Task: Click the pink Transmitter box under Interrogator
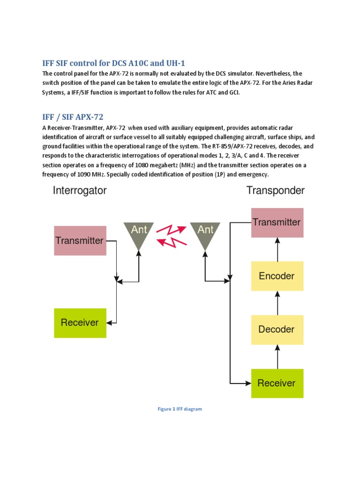point(80,240)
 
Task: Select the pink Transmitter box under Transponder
point(277,222)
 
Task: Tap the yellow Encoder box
point(277,276)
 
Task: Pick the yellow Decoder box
point(277,329)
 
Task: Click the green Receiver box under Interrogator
point(80,322)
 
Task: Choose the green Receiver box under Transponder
point(277,383)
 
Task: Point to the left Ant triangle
point(139,233)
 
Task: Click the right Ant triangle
point(205,233)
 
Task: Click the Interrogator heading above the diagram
point(80,191)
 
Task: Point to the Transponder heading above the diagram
point(276,191)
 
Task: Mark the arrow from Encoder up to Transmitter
point(277,249)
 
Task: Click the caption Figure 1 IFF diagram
point(180,409)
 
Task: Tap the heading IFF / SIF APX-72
point(73,117)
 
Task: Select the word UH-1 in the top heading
point(181,63)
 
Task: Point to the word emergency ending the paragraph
point(254,174)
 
